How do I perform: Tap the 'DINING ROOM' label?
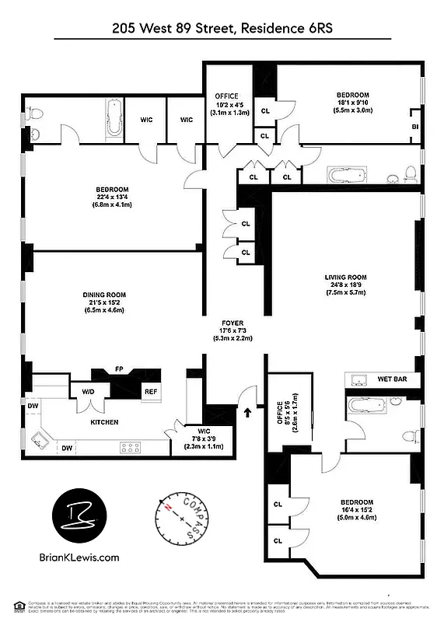click(104, 295)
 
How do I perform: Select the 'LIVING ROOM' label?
click(345, 278)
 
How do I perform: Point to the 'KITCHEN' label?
click(104, 422)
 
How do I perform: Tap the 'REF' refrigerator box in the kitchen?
click(151, 393)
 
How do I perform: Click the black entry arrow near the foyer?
click(248, 413)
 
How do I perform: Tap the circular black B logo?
click(79, 516)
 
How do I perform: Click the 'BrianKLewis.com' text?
click(79, 557)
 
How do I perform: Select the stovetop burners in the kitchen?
click(130, 447)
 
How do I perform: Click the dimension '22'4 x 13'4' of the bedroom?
click(112, 197)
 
